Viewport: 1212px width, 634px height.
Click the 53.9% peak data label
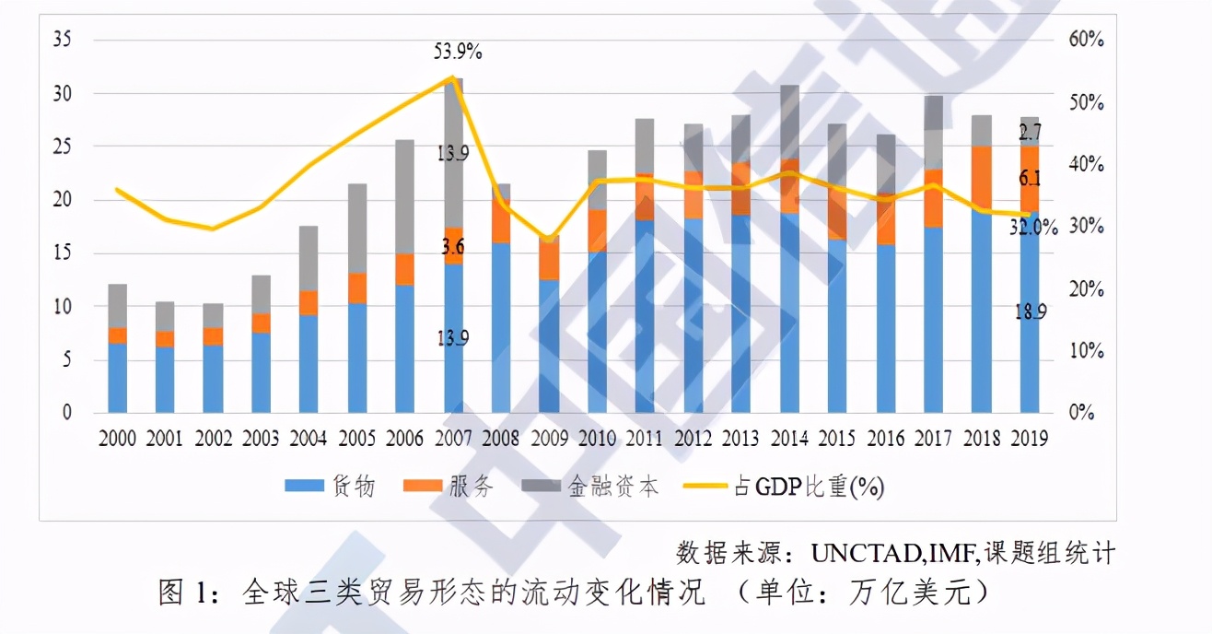click(x=458, y=53)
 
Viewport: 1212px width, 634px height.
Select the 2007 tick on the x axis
click(x=452, y=440)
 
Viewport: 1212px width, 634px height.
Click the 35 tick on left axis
click(x=64, y=40)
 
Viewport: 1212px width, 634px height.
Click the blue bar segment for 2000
click(x=117, y=378)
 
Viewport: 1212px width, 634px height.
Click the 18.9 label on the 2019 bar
click(x=1030, y=312)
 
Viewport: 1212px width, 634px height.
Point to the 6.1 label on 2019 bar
click(x=1030, y=180)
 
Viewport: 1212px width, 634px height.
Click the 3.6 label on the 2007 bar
click(x=452, y=246)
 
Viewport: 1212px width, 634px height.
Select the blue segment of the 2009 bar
click(x=548, y=346)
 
